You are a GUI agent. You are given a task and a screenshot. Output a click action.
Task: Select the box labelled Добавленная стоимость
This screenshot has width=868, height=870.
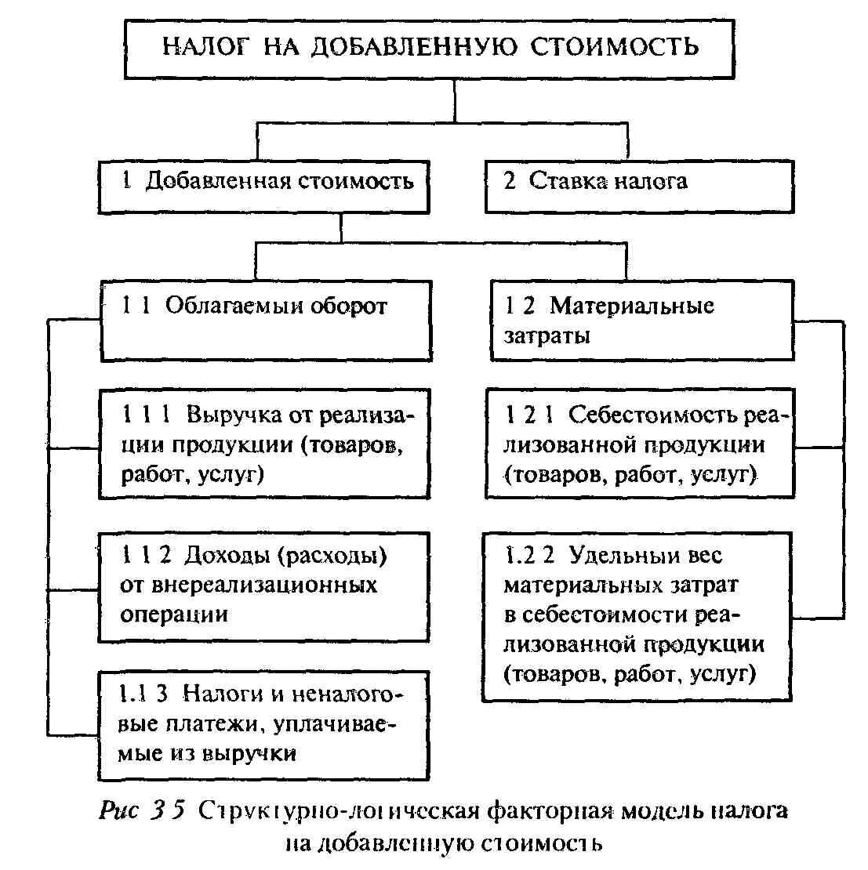[266, 186]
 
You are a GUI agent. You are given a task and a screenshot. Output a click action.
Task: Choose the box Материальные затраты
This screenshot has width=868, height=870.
[642, 321]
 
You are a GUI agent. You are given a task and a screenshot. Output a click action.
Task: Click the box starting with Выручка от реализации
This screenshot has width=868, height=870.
[266, 444]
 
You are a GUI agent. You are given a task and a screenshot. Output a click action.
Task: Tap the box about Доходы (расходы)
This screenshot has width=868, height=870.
[266, 586]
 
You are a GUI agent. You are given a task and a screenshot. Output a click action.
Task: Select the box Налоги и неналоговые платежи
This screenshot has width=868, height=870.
[266, 725]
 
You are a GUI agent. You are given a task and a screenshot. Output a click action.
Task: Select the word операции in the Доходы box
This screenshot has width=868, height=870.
[175, 615]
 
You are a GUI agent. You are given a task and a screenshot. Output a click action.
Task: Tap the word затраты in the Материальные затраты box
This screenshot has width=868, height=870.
[547, 336]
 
